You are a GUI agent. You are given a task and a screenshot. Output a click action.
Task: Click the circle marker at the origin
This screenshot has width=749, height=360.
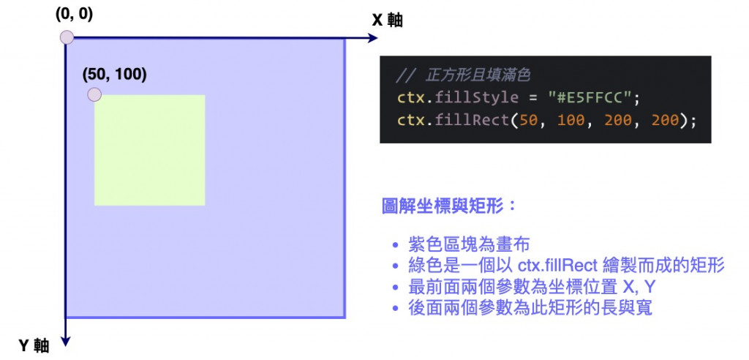[x=67, y=37]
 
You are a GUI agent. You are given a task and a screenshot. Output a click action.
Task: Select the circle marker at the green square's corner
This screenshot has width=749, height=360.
[x=94, y=95]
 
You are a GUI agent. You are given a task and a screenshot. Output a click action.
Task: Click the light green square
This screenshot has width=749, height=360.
[x=149, y=150]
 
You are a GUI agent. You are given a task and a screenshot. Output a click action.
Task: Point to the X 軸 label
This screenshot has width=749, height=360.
[x=387, y=20]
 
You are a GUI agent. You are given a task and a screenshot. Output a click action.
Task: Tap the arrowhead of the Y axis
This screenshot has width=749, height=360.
[x=67, y=338]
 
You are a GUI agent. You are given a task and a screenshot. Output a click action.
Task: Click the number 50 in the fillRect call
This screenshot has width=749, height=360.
[x=529, y=120]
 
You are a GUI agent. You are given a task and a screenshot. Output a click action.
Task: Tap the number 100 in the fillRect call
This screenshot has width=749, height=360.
[x=571, y=120]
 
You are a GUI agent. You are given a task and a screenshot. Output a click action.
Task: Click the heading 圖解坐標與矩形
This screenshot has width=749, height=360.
[x=448, y=206]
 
